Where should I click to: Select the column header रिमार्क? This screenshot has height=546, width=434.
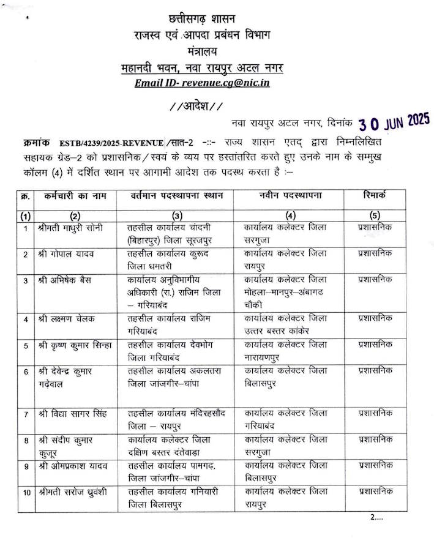(x=375, y=196)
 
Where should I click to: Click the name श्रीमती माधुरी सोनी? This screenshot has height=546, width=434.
(x=74, y=228)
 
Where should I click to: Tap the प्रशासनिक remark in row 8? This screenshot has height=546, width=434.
(x=375, y=439)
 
